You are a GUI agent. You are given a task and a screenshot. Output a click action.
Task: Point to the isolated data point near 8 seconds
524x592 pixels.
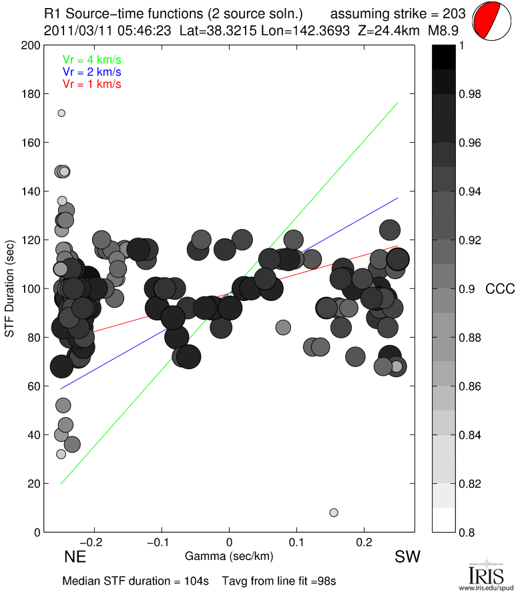[x=334, y=513]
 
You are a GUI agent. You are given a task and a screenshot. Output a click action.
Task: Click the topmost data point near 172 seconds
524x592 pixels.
[x=61, y=113]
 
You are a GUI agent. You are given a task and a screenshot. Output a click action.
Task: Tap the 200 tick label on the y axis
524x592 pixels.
[x=30, y=45]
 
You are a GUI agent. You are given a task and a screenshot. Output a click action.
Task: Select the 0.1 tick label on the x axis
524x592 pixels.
[x=297, y=542]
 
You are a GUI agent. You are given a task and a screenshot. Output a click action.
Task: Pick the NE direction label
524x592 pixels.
[x=75, y=557]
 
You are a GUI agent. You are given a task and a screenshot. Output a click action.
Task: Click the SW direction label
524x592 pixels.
[x=407, y=557]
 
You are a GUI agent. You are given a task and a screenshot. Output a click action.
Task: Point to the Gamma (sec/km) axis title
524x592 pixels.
[x=230, y=555]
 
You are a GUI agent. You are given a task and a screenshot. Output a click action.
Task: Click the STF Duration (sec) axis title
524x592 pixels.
[x=11, y=289]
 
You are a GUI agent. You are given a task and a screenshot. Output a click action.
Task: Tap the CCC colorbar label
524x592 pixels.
[x=500, y=289]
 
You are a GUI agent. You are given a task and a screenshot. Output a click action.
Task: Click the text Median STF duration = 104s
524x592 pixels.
[x=138, y=580]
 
